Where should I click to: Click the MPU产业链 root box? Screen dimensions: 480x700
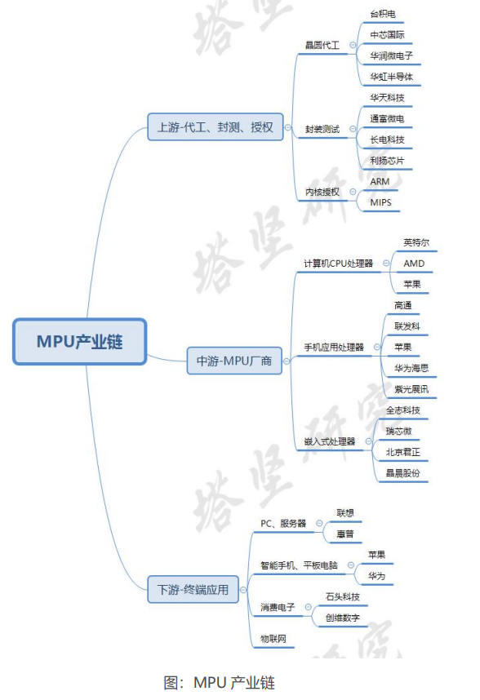[79, 342]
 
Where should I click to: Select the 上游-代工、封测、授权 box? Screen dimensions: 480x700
[216, 127]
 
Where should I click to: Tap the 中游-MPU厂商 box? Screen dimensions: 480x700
[234, 361]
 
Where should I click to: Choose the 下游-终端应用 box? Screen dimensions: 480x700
[193, 590]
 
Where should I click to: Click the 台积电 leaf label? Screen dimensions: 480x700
[383, 15]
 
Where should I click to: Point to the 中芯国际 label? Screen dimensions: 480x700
[387, 35]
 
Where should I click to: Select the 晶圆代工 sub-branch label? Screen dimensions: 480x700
[322, 45]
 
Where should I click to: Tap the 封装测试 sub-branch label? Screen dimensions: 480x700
[322, 129]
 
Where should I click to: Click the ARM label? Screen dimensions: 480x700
[380, 182]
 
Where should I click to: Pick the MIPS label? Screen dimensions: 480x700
[381, 202]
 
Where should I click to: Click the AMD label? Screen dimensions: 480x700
[414, 264]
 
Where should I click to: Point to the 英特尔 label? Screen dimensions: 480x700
[416, 242]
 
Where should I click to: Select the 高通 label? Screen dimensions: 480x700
[403, 305]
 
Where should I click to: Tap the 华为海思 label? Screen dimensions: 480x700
[411, 368]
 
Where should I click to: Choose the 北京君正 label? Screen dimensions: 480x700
[403, 452]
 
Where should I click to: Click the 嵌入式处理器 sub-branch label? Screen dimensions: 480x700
[330, 442]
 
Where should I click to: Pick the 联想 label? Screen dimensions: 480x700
[345, 513]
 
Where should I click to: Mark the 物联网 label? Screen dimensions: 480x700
[273, 639]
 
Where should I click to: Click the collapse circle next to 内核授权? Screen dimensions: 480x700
[353, 192]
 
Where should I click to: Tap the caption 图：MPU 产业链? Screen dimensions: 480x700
[220, 683]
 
